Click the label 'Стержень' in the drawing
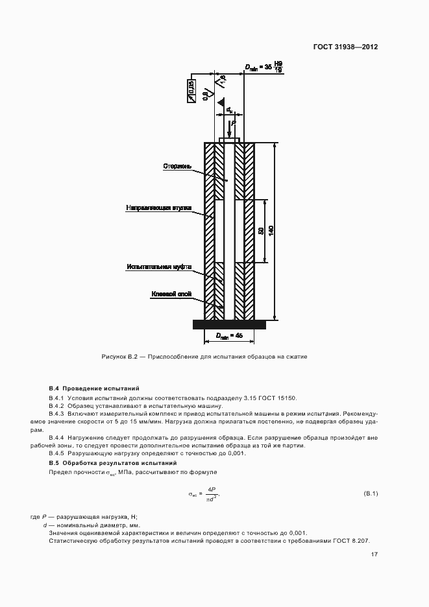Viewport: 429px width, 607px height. (x=177, y=166)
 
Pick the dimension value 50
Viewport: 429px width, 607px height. (x=260, y=231)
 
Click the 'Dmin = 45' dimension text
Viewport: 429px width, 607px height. (x=229, y=336)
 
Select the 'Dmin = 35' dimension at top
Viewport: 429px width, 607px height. (x=264, y=66)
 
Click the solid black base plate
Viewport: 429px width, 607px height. (x=229, y=324)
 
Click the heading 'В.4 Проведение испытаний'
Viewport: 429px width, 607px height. (x=93, y=388)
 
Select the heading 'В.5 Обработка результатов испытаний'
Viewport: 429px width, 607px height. (x=113, y=463)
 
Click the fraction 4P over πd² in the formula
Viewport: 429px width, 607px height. (x=212, y=494)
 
